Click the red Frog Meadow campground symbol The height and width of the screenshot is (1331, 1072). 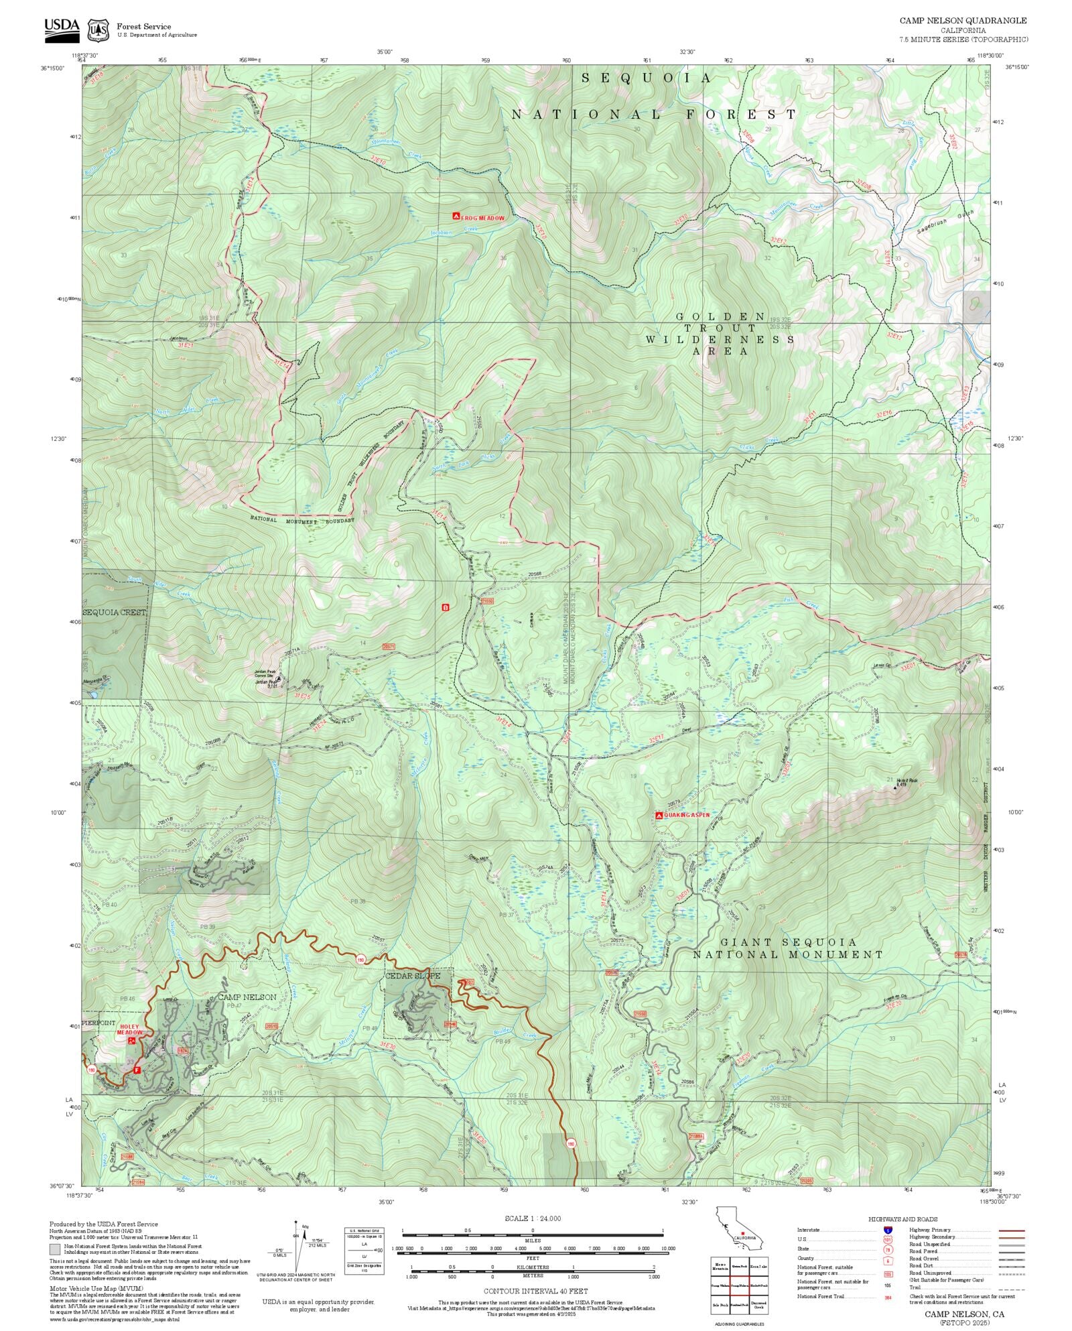[x=456, y=216]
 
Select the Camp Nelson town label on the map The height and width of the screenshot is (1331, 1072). [x=247, y=997]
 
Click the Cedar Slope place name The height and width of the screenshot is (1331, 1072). [x=413, y=976]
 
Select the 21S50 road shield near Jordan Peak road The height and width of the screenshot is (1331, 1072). [x=486, y=601]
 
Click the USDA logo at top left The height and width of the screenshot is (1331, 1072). [x=62, y=29]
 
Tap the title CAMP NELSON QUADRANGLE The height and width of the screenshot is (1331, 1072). [x=963, y=21]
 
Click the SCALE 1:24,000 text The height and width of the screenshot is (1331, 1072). [x=533, y=1218]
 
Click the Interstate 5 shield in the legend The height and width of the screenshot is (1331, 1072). [x=888, y=1230]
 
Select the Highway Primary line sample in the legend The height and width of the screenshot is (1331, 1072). [x=1011, y=1230]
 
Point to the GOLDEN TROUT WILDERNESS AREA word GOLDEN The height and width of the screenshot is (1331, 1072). [x=720, y=316]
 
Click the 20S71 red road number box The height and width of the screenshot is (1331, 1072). [x=389, y=647]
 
